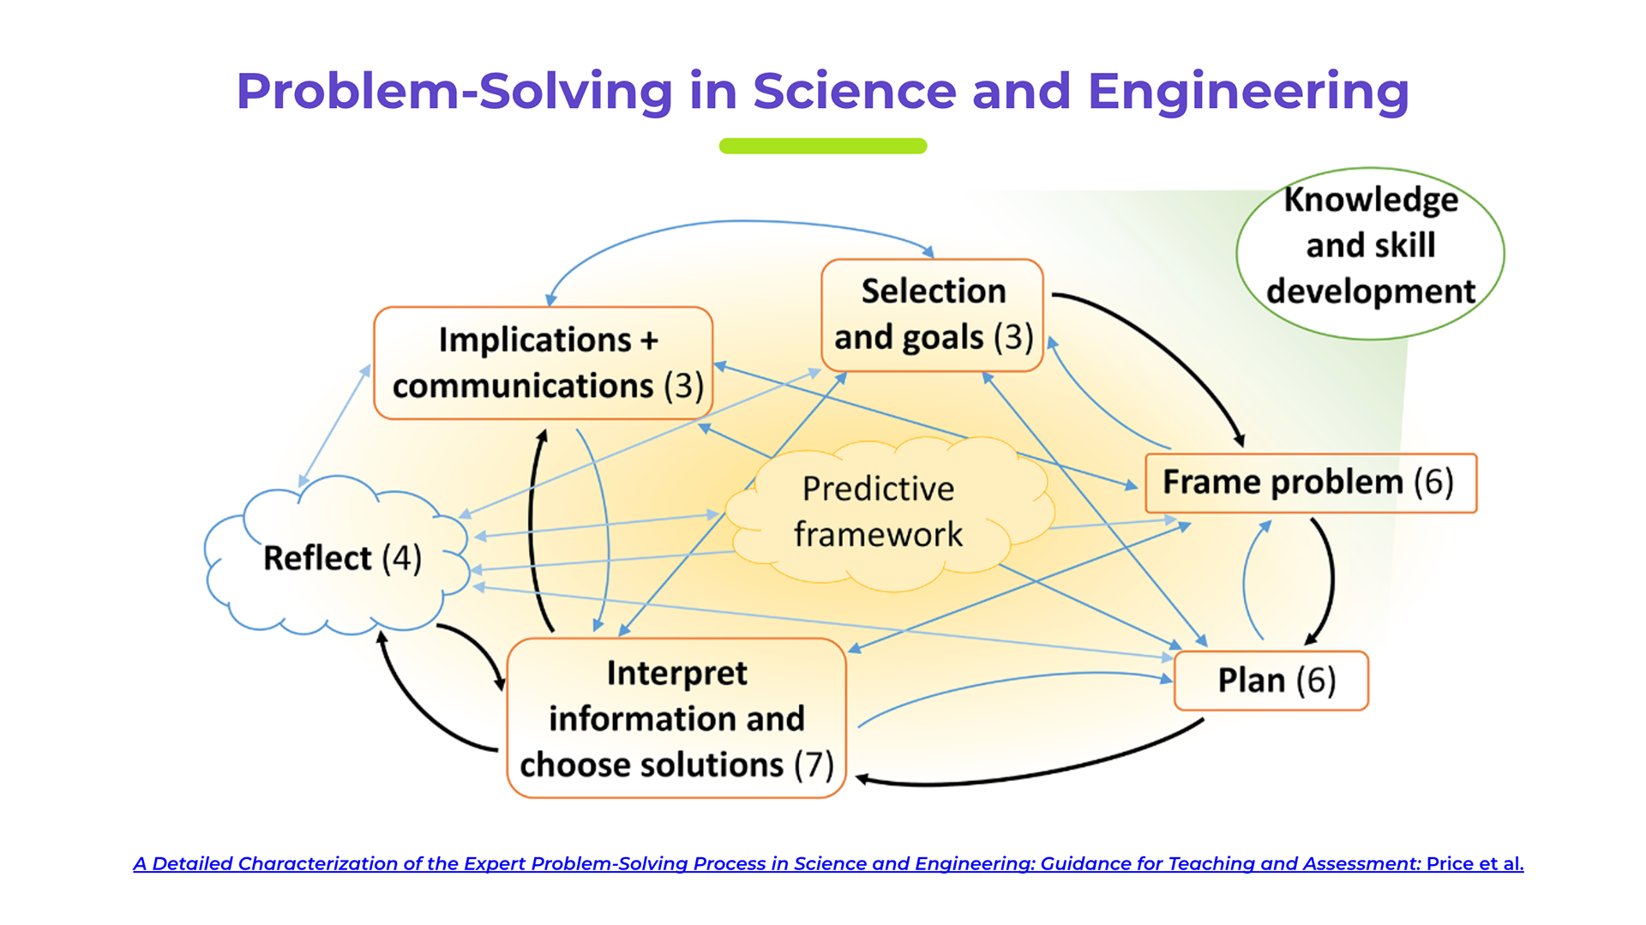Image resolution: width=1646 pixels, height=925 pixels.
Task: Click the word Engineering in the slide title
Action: [1247, 92]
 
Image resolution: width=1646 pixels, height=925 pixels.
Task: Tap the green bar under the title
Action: [822, 146]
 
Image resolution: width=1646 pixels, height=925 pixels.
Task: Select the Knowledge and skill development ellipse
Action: [1370, 254]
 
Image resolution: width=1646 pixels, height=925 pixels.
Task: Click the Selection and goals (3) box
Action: [932, 315]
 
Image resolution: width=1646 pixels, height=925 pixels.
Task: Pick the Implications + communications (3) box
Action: [544, 363]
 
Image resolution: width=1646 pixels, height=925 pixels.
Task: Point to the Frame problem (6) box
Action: [1310, 483]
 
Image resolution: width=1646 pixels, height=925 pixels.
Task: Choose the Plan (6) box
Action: [1271, 681]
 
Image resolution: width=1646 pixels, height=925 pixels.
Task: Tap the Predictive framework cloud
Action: [878, 512]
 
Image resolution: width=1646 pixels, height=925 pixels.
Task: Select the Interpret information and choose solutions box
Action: [676, 718]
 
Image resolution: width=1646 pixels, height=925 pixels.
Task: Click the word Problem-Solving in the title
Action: [454, 92]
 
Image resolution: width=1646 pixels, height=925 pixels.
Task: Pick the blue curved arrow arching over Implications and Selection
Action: [737, 222]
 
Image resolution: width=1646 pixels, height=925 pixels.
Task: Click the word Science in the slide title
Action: [855, 92]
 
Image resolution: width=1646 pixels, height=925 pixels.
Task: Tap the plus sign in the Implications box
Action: [649, 340]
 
